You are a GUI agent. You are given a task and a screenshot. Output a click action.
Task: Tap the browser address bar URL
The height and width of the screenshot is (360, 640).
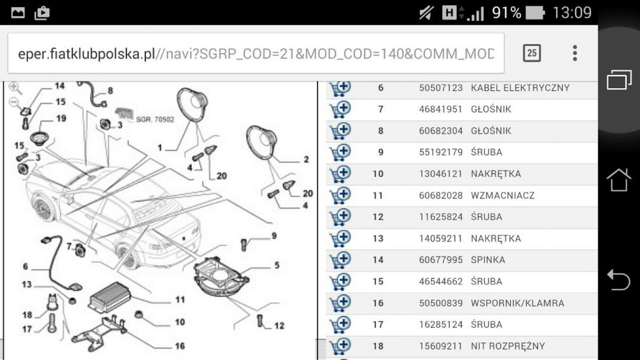point(256,54)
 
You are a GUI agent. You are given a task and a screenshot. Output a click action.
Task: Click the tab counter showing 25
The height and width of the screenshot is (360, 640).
point(532,53)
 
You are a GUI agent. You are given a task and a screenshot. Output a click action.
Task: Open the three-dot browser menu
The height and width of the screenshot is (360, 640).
point(574,53)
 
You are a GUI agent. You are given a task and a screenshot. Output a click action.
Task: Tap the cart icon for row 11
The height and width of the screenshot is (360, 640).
point(340,195)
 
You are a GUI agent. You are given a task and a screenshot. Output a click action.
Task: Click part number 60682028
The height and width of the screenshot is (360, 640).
point(440,195)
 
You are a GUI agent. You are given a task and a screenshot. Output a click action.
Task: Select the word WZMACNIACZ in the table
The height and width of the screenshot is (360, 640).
point(502,195)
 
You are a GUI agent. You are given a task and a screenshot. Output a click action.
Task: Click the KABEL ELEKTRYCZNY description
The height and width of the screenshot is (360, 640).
point(520,88)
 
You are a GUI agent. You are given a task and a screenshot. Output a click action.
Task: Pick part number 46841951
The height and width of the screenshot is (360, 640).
point(440,110)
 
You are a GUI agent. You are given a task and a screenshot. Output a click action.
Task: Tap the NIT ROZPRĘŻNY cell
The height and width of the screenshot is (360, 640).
point(508,346)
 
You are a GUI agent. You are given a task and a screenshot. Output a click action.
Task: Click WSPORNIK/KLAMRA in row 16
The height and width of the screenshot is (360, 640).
point(518,303)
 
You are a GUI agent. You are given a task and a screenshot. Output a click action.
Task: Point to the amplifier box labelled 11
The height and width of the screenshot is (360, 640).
point(109,297)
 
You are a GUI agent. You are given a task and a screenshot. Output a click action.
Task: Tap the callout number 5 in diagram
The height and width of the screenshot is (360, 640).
point(276,265)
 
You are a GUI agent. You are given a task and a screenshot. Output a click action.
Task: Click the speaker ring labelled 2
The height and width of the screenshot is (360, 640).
point(261,142)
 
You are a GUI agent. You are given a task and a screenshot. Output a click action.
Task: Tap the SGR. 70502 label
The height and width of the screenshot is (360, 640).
point(155,120)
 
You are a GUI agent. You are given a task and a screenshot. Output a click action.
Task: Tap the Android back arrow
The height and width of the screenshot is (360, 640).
point(619,280)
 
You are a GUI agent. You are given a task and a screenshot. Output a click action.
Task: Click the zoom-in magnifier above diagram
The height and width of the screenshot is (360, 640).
point(15,88)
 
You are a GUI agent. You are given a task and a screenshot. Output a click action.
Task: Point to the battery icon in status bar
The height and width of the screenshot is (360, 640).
point(535,13)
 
